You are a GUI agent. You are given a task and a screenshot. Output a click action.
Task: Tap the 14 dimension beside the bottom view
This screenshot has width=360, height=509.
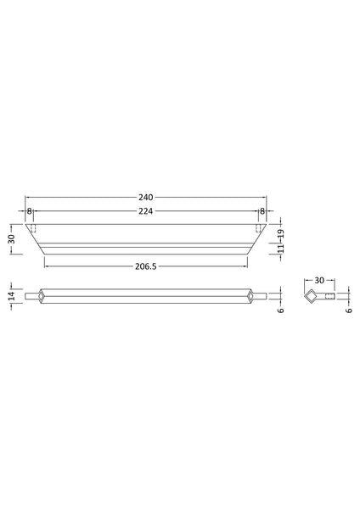13,296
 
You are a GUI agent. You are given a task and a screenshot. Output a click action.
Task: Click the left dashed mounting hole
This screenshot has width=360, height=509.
34,228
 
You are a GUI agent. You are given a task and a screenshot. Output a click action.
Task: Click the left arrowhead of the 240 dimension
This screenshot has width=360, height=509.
26,197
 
